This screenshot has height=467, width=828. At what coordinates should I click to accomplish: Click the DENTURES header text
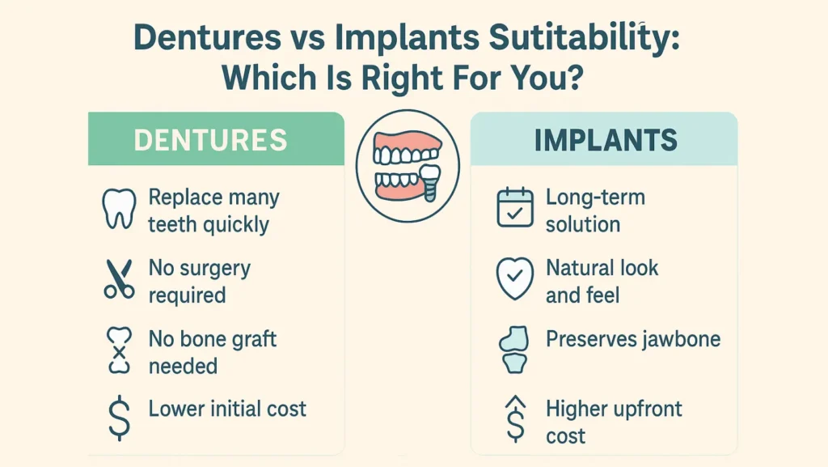(x=210, y=140)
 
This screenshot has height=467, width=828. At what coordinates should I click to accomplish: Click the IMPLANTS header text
(x=606, y=140)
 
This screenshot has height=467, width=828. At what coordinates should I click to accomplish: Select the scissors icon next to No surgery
(x=119, y=279)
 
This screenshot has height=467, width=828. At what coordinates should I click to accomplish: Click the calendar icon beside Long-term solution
(x=514, y=207)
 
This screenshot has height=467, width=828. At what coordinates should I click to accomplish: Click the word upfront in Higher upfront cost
(x=644, y=410)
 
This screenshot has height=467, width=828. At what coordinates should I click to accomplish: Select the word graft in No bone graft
(x=249, y=338)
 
